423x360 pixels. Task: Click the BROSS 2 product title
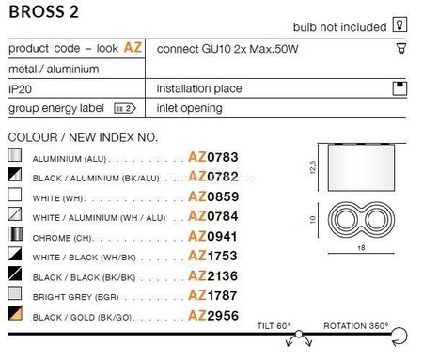[41, 12]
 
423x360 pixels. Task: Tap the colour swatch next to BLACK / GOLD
[15, 314]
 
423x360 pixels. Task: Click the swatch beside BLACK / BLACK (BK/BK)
[15, 274]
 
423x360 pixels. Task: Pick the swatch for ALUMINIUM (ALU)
[15, 156]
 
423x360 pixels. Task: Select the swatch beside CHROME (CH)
[15, 235]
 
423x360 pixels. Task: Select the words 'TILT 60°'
[274, 326]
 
